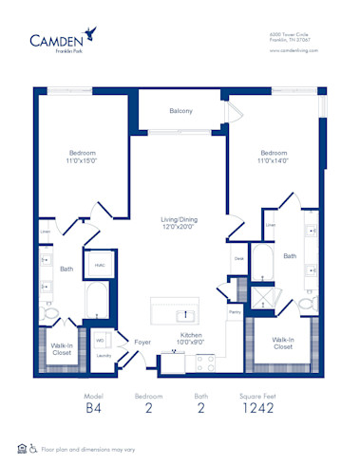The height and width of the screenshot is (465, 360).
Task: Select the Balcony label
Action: coord(180,112)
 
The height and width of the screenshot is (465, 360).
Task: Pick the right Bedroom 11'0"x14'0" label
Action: coord(275,157)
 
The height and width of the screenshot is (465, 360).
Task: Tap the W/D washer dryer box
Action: coord(100,340)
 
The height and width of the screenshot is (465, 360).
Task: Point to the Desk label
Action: coord(238,257)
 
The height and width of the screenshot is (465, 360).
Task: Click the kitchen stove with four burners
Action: coord(204,361)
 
